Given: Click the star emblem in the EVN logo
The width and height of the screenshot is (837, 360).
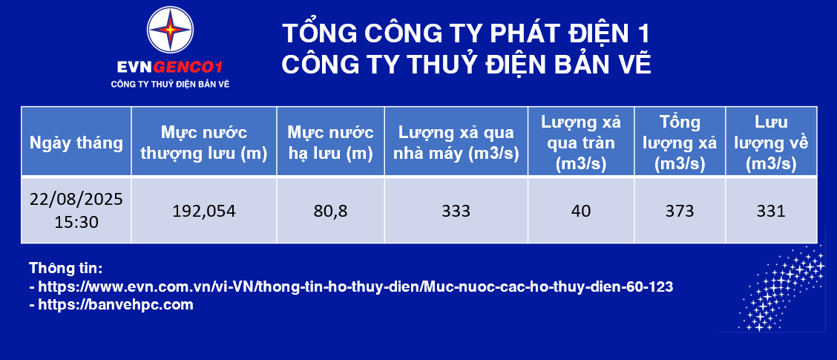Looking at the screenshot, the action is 170,30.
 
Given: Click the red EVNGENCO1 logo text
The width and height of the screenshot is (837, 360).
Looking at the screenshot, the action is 170,68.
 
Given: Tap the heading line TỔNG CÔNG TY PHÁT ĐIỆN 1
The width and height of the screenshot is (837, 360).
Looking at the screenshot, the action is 466,33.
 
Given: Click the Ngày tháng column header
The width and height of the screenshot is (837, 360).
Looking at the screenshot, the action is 76,143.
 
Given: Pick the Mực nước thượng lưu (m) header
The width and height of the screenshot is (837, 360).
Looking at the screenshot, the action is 203,143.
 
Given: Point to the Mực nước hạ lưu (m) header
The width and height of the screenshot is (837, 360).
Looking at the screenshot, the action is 330,143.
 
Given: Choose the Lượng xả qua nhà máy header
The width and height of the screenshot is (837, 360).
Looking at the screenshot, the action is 456,143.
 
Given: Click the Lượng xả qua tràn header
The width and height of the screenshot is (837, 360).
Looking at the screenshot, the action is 581,143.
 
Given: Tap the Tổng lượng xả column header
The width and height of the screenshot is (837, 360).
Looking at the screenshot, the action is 680,143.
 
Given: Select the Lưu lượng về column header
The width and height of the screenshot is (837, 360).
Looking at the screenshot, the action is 772,143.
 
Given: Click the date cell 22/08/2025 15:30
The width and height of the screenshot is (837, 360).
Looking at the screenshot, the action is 76,211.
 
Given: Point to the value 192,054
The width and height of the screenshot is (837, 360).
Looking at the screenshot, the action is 204,211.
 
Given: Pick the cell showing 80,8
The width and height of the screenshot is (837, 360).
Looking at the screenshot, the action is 331,211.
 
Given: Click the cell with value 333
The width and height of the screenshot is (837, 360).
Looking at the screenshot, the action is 456,211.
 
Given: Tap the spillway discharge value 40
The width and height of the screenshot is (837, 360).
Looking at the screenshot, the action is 581,211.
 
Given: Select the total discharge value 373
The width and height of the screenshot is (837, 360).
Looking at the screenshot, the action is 680,211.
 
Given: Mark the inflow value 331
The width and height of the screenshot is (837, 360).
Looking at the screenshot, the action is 772,211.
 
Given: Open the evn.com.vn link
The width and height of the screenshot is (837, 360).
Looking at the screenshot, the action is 355,287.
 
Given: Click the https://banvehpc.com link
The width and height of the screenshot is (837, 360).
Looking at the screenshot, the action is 116,306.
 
